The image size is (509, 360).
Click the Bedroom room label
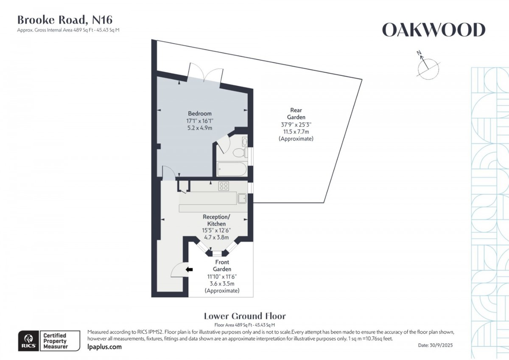pos(200,113)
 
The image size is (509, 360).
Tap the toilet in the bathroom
pos(240,152)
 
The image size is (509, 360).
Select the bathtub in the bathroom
pos(232,169)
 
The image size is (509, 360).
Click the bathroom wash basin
pos(244,142)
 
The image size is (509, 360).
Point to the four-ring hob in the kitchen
pos(224,186)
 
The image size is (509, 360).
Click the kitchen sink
pos(242,198)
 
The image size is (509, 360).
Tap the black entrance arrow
pos(189,270)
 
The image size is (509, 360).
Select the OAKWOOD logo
pos(433,30)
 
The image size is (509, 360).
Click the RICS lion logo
pos(29,340)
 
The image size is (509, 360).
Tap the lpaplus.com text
pos(104,347)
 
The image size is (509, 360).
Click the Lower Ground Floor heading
pos(245,316)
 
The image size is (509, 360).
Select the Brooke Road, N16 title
pos(65,20)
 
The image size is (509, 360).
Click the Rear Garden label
pos(296,113)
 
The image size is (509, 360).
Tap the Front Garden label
pos(222,265)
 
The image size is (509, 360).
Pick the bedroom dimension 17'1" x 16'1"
pos(200,121)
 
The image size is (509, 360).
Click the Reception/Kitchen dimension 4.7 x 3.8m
pos(216,237)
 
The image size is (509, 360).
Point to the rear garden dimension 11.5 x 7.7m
pos(296,132)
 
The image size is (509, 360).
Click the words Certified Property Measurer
pos(56,341)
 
